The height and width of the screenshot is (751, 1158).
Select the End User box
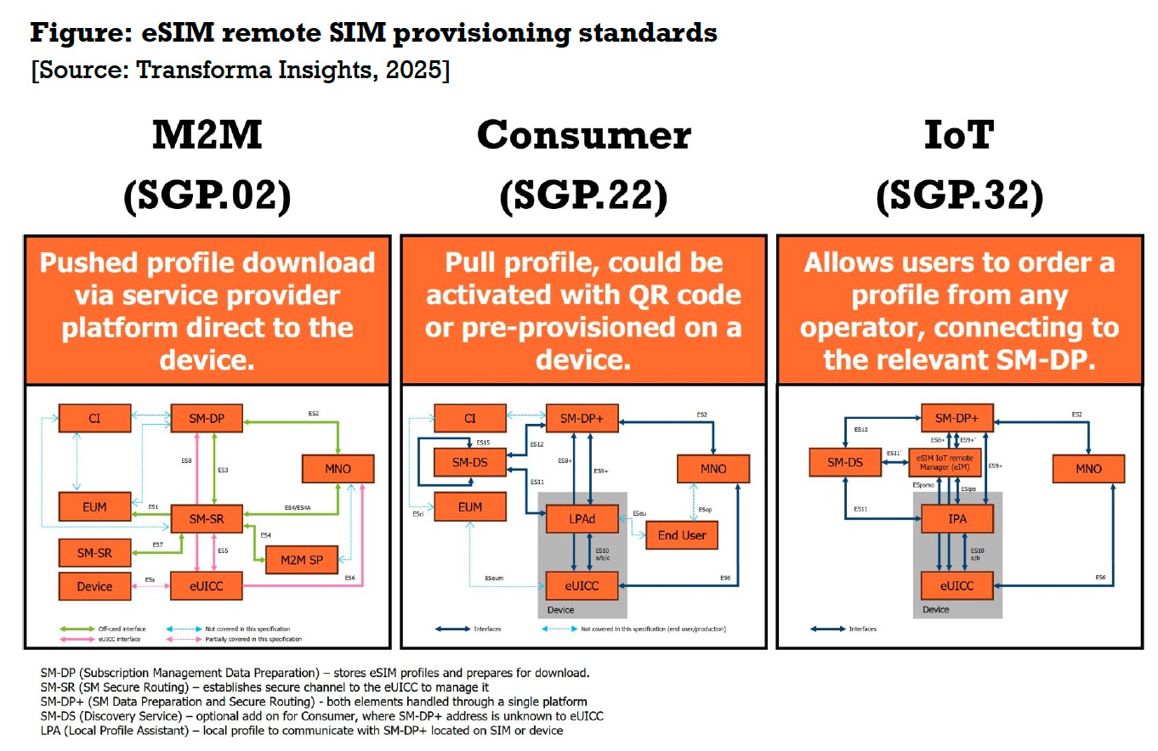(x=682, y=535)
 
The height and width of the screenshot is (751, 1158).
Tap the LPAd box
(x=582, y=517)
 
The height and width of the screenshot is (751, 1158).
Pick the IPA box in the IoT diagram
(x=956, y=517)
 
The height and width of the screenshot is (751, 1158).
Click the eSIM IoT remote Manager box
(x=944, y=463)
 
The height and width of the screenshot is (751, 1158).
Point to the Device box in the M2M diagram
(x=94, y=586)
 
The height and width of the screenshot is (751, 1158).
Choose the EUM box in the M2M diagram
(x=95, y=506)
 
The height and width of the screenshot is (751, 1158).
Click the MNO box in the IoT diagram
(x=1088, y=468)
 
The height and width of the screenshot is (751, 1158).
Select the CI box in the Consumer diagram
(x=470, y=418)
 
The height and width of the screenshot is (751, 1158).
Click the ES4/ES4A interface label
(x=297, y=508)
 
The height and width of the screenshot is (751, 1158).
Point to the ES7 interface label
(x=157, y=545)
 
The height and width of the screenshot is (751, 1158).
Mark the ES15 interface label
(x=483, y=443)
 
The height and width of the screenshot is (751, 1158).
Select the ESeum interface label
(x=494, y=579)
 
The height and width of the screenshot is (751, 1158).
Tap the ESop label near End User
(x=705, y=510)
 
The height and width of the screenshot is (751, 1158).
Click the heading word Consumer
(x=584, y=135)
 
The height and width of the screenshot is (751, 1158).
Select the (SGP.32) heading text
(x=959, y=197)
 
